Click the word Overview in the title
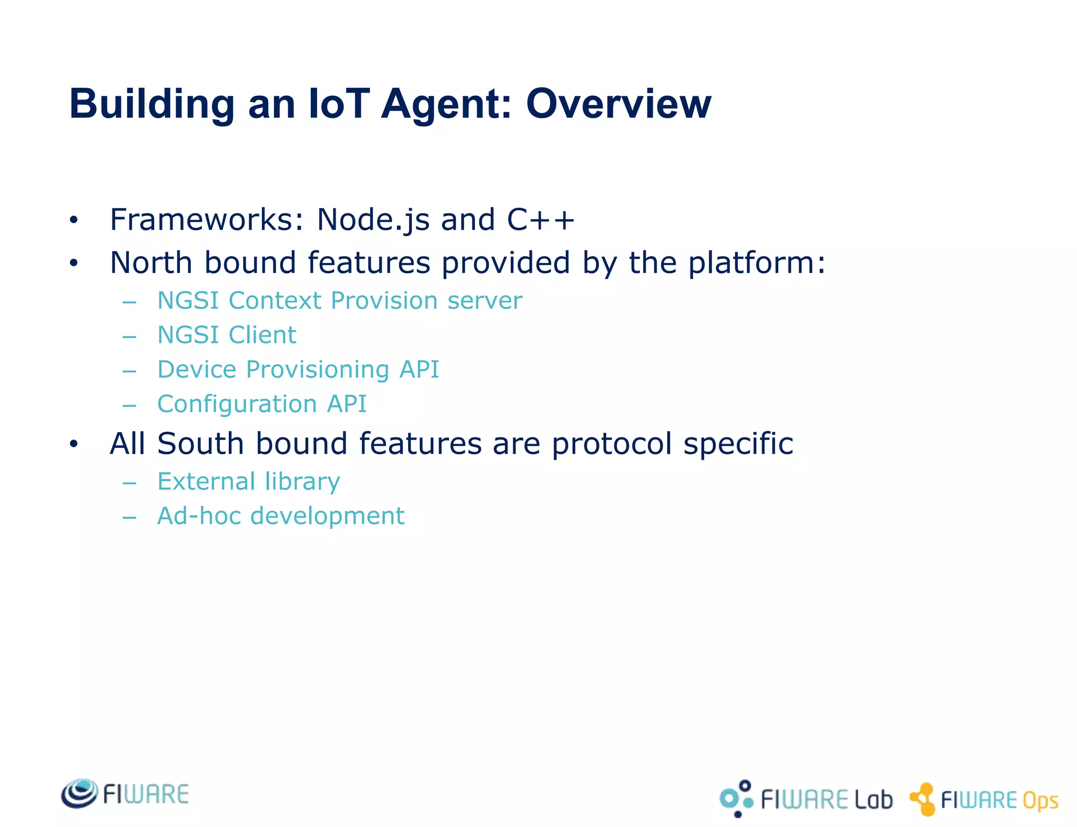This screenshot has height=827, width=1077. tap(618, 104)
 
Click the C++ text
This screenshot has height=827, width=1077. tap(540, 220)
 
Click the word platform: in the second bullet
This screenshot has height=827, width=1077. tap(757, 263)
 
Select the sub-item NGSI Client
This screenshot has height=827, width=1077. tap(227, 335)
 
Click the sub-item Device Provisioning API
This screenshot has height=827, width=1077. tap(298, 370)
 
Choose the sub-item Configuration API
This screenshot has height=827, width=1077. tap(261, 404)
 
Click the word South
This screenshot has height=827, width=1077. tap(200, 444)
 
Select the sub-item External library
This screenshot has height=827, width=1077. tap(248, 482)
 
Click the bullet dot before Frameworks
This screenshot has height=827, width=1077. tap(74, 220)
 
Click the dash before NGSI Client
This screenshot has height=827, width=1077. tap(129, 336)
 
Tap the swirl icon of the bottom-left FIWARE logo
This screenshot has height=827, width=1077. tap(79, 793)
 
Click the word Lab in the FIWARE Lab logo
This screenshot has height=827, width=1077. tap(873, 800)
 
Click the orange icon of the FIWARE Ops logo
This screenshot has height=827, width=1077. tap(923, 799)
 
